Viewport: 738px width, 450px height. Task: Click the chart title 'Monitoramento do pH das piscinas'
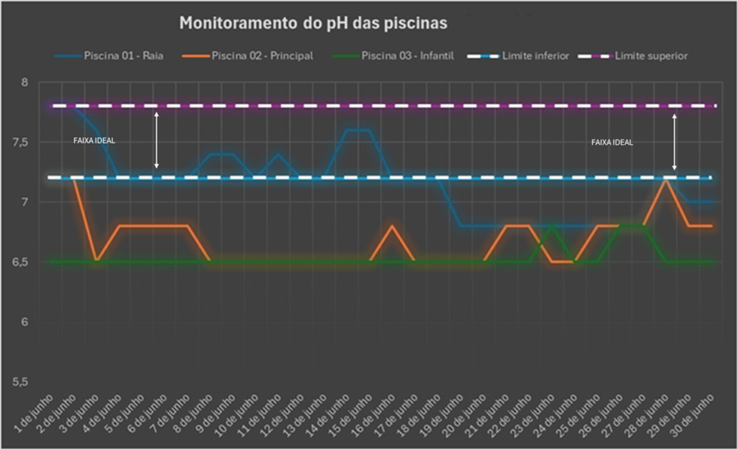[x=313, y=23]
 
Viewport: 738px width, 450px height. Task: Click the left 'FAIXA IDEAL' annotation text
[x=94, y=141]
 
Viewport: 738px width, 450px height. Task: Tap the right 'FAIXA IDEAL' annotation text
[x=612, y=143]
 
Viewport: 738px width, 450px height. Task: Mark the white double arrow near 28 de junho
[x=675, y=141]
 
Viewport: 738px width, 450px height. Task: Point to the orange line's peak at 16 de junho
[x=392, y=226]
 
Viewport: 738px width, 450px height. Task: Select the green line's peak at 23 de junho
[x=552, y=226]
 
